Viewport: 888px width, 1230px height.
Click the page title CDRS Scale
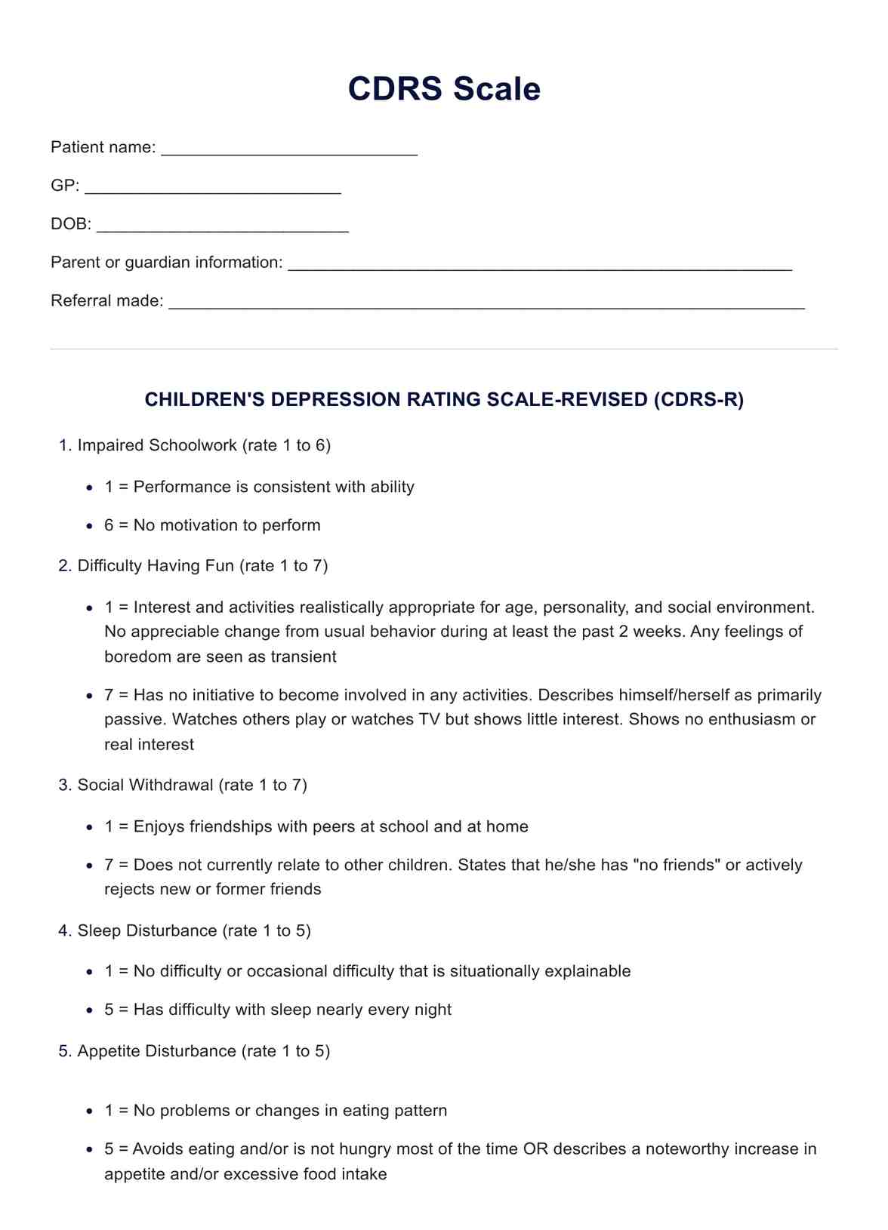[x=444, y=89]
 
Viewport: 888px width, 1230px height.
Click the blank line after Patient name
[x=289, y=149]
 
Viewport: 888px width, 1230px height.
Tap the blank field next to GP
[x=212, y=187]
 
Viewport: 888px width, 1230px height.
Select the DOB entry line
[x=223, y=226]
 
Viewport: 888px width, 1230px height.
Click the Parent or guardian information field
[x=540, y=264]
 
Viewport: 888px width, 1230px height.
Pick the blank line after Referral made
[x=486, y=303]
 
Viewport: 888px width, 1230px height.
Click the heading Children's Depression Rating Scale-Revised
[x=444, y=400]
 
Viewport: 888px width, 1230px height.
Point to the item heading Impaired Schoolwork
[x=157, y=445]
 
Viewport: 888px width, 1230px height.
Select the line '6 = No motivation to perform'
[x=212, y=525]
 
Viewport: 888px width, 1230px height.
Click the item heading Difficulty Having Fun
[x=156, y=566]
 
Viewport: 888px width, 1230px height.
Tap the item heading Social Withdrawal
[x=146, y=786]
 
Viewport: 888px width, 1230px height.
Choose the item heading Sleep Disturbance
[x=147, y=930]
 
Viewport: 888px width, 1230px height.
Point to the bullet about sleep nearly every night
[x=278, y=1010]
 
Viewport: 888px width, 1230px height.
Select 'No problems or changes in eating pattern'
[x=276, y=1111]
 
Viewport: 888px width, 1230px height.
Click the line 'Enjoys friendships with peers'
[x=316, y=826]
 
